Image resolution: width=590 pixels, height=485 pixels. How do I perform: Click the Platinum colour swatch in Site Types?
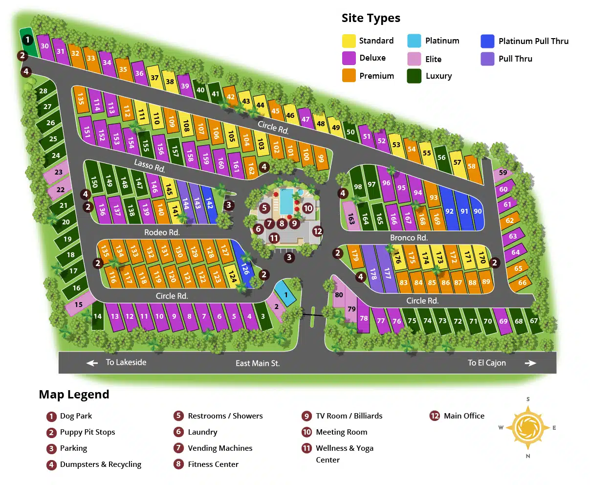tap(414, 41)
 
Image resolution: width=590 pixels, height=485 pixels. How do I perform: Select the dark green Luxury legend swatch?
tap(414, 76)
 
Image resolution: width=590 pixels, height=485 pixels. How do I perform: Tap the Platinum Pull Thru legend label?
tap(533, 41)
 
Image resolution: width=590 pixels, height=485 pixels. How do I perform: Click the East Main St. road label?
tap(258, 363)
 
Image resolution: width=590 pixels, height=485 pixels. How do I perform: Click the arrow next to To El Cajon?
tap(530, 363)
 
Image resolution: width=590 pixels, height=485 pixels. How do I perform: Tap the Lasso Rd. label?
tap(150, 166)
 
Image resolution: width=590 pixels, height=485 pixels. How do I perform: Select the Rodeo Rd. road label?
tap(162, 232)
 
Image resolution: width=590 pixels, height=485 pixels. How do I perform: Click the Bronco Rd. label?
tap(409, 238)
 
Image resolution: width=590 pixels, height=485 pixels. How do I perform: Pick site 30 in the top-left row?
tap(44, 46)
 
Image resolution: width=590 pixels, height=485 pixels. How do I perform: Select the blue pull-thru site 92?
tap(449, 210)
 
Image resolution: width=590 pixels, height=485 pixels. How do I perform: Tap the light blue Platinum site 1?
tap(286, 294)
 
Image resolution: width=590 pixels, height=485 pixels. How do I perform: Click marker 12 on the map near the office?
tap(318, 231)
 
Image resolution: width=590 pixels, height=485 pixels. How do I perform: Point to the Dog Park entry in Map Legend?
tap(76, 416)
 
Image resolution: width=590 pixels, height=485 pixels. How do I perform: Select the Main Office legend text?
tap(464, 416)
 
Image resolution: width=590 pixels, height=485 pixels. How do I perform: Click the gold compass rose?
tap(527, 428)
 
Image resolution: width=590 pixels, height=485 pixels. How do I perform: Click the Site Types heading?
tap(371, 18)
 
